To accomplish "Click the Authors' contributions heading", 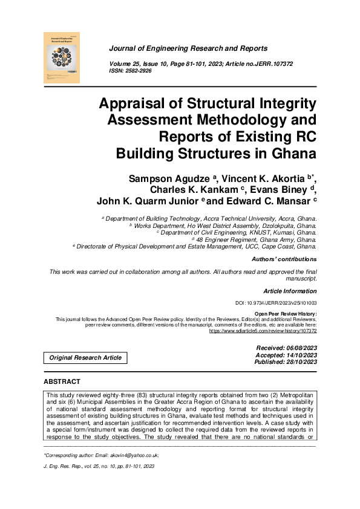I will coord(284,259).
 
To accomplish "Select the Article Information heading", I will coord(290,291).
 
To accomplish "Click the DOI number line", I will coord(275,303).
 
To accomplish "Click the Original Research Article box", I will coord(85,358).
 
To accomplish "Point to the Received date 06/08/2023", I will coord(297,349).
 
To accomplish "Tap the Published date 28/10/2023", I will coord(297,362).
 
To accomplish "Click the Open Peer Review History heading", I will coord(286,314).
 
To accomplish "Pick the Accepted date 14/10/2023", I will coord(297,355).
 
